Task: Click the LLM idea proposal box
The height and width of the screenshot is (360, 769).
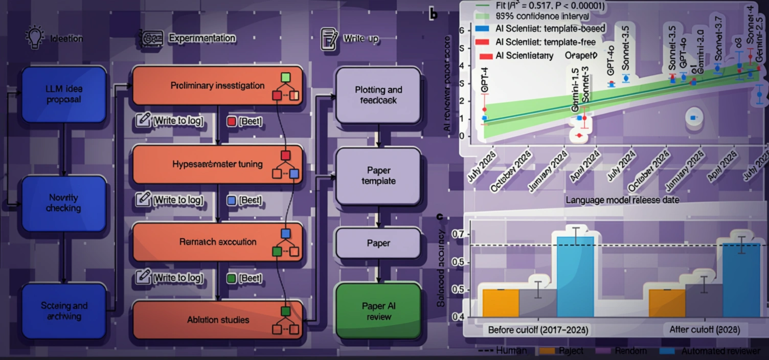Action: [x=63, y=95]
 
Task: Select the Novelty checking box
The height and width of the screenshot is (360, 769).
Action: [x=63, y=203]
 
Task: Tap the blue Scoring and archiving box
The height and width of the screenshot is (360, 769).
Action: [x=63, y=311]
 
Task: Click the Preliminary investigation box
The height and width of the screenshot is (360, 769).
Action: [x=217, y=86]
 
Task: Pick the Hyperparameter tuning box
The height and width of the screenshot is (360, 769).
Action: [x=217, y=164]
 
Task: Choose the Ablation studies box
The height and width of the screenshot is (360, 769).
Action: [x=217, y=320]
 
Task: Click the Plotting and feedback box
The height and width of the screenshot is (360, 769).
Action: [x=378, y=95]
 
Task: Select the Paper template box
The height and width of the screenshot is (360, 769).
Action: [x=378, y=176]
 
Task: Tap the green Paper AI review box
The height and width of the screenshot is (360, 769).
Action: [x=378, y=311]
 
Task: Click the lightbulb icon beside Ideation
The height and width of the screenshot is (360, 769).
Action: [x=35, y=38]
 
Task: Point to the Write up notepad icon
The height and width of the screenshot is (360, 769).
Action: [x=329, y=39]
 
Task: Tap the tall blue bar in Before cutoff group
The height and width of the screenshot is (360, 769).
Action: [x=575, y=276]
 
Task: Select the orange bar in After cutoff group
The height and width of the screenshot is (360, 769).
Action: [x=667, y=303]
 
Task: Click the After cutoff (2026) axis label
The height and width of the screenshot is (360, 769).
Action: [x=704, y=330]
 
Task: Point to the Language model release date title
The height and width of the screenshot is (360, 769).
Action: [x=622, y=200]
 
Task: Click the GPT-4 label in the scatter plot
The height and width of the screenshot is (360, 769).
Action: [x=485, y=80]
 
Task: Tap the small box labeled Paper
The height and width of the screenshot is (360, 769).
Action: [x=378, y=243]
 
